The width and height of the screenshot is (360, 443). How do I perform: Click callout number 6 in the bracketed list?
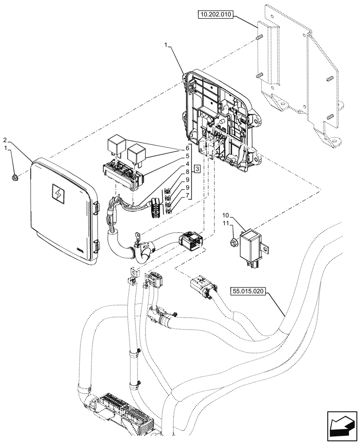tap(188, 148)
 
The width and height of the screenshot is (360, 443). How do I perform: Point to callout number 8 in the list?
tap(188, 172)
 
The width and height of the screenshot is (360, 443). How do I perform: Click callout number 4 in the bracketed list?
tap(188, 164)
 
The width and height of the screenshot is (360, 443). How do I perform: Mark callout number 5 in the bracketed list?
tap(188, 156)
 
